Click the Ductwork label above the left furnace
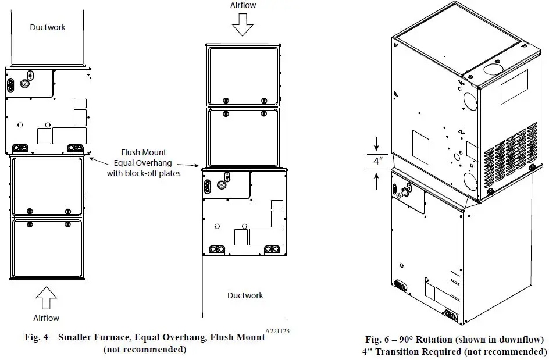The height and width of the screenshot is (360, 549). click(48, 27)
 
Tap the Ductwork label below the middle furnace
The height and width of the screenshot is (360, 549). click(245, 295)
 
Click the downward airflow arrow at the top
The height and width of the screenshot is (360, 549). click(243, 24)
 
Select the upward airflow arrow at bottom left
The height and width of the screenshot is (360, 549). click(46, 298)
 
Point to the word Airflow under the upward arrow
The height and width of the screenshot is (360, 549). click(46, 318)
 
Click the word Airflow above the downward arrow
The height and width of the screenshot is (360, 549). click(243, 5)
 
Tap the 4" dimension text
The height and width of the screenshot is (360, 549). click(378, 161)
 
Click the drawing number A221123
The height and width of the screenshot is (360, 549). click(277, 331)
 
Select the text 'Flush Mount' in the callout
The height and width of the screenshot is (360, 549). click(144, 152)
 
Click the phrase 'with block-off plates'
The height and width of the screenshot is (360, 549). click(144, 173)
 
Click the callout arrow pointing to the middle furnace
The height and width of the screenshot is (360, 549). click(188, 165)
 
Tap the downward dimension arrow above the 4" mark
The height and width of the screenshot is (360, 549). click(377, 144)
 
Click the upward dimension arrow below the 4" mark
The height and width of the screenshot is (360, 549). click(377, 181)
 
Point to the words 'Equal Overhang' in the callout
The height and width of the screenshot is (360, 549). click(143, 163)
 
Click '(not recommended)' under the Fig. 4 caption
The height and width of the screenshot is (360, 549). click(145, 349)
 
